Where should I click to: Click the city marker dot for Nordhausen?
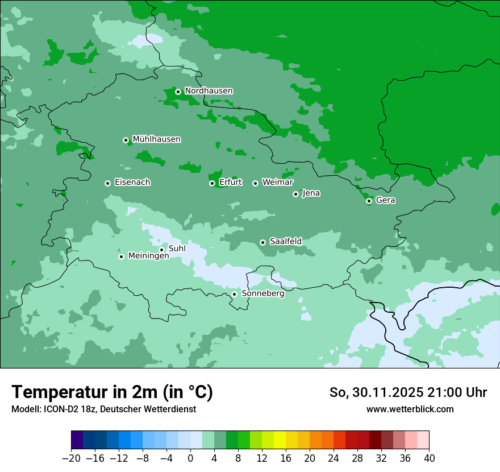coord(178,92)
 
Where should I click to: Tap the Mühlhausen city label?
coord(156,139)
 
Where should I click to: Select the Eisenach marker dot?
coord(107,183)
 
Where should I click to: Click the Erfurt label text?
coord(230,183)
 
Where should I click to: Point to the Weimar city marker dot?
coord(255,183)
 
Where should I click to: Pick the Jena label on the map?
coord(311,193)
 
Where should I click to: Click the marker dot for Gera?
coord(369,201)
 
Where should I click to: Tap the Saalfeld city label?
coord(285,242)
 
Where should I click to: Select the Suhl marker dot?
coord(161,250)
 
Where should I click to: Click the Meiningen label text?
coord(148,256)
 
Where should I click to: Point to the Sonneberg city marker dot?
coord(234,294)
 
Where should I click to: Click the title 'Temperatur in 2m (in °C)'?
coord(112,392)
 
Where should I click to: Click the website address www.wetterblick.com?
coord(410,409)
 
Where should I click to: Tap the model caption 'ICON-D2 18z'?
coord(64,409)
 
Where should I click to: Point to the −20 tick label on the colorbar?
coord(71,458)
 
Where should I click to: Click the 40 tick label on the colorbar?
coord(429,458)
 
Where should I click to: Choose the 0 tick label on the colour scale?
coord(190,458)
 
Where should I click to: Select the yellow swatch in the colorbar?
coord(280,440)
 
